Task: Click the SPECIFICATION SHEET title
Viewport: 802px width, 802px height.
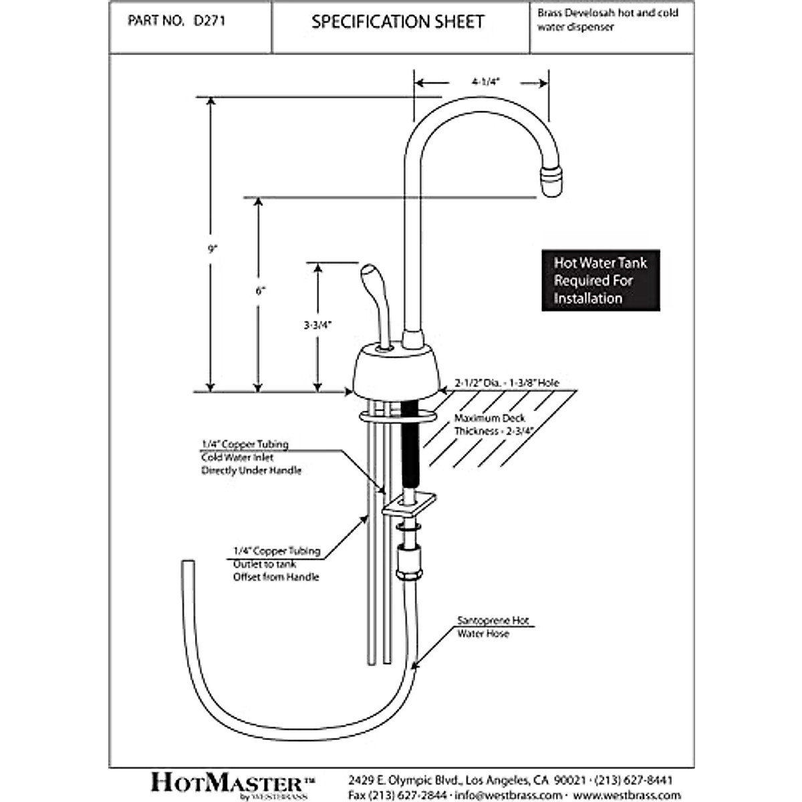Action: point(398,22)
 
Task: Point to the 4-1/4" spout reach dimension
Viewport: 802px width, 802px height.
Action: point(485,82)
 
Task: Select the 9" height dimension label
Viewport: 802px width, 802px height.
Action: point(213,249)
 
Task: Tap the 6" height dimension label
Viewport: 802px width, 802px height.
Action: point(260,291)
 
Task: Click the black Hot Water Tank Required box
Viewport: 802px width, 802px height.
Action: point(600,281)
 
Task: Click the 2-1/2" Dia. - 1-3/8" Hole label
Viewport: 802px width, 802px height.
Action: point(507,384)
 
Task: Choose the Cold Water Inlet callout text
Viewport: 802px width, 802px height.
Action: point(251,457)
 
